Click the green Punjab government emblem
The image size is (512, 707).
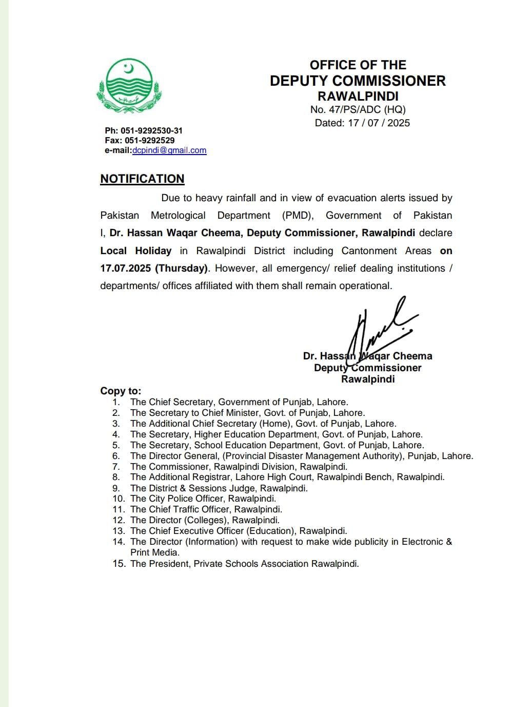[128, 86]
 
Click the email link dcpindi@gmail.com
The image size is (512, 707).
[169, 150]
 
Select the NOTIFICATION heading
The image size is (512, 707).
[142, 179]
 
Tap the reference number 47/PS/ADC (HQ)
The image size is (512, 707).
[364, 109]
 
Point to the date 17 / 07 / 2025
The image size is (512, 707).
[379, 123]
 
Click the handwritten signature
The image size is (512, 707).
[380, 329]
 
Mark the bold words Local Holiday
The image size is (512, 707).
[136, 251]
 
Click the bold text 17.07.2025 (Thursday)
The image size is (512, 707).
[154, 269]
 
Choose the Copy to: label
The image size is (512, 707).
[121, 391]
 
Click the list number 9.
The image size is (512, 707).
[116, 488]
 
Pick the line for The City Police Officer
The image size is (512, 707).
[203, 499]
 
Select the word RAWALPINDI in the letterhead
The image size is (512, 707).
[358, 96]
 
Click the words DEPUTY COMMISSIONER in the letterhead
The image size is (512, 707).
[358, 81]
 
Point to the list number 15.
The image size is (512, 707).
[119, 564]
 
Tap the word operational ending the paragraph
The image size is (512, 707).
[365, 286]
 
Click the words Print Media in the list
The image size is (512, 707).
[154, 552]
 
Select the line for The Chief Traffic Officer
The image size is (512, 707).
[206, 509]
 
